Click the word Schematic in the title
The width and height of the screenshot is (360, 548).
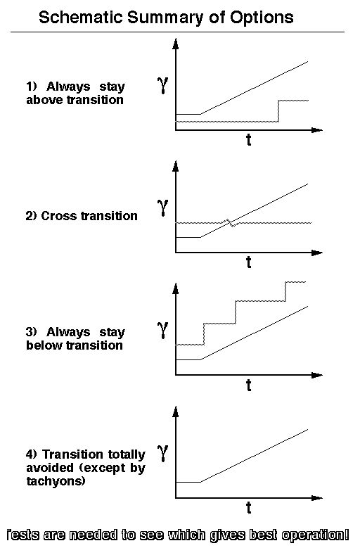pyautogui.click(x=81, y=17)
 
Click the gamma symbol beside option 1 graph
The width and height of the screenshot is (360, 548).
pyautogui.click(x=163, y=85)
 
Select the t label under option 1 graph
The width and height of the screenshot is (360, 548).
pyautogui.click(x=248, y=140)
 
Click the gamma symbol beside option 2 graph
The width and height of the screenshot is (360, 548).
pyautogui.click(x=163, y=208)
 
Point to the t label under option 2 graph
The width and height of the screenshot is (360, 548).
pyautogui.click(x=248, y=262)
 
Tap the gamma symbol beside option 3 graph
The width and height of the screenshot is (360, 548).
pyautogui.click(x=163, y=330)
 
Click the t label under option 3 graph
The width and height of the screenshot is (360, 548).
pyautogui.click(x=248, y=385)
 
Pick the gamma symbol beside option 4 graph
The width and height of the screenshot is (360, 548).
pyautogui.click(x=163, y=453)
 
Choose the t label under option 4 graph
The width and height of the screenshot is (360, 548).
pyautogui.click(x=248, y=508)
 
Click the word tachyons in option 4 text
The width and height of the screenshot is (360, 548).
pyautogui.click(x=56, y=482)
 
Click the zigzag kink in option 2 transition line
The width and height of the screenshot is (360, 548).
pyautogui.click(x=230, y=222)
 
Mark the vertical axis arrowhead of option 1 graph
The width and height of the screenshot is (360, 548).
pyautogui.click(x=176, y=44)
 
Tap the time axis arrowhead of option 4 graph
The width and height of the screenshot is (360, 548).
pyautogui.click(x=316, y=497)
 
